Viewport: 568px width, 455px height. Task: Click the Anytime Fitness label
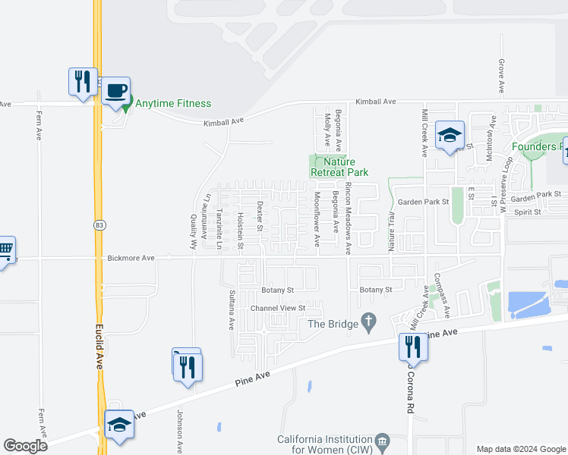pos(173,103)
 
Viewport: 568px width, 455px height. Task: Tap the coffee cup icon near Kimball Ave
pos(115,91)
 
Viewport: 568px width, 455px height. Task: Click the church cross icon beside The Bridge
pos(370,324)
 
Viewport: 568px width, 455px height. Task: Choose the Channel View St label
pos(278,309)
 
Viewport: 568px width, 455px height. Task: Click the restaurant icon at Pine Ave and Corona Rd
pos(413,347)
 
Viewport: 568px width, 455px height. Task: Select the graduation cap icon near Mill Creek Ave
pos(450,136)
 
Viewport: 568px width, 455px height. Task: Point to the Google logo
pos(25,446)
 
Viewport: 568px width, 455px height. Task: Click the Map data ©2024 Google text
pos(521,449)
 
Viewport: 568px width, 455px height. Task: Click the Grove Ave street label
pos(502,77)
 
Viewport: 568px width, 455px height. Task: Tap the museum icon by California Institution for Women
pos(383,440)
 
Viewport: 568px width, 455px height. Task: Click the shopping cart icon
pos(5,249)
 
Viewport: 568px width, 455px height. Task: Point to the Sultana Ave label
pos(232,309)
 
